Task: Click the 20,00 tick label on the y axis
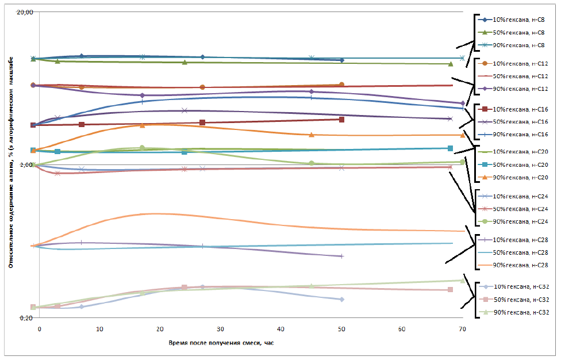[x=25, y=12]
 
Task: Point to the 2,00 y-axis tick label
[x=27, y=165]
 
